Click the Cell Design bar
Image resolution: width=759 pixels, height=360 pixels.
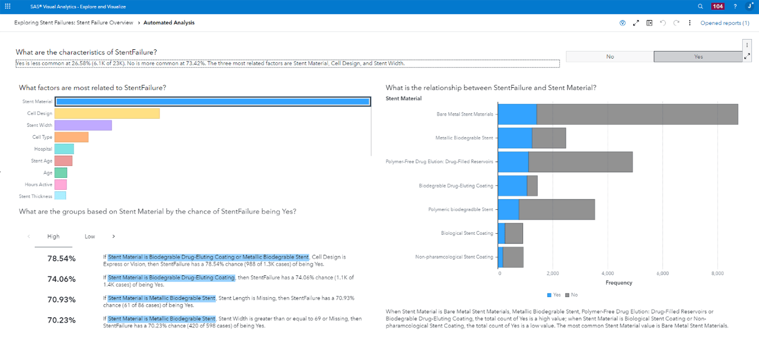click(107, 113)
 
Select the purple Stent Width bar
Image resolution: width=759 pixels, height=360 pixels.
click(83, 125)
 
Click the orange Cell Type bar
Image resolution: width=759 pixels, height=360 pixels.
click(71, 137)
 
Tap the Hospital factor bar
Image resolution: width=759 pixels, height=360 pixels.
click(64, 149)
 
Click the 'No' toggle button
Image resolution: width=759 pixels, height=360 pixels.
click(610, 56)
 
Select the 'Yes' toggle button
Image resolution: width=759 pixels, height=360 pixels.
click(698, 56)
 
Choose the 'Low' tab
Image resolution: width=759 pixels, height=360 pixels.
click(90, 236)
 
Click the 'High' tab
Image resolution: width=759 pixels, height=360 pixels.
click(53, 236)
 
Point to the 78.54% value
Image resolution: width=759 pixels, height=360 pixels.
click(62, 259)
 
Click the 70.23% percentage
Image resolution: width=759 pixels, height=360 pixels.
click(62, 320)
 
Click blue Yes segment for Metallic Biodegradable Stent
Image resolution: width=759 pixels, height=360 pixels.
click(515, 138)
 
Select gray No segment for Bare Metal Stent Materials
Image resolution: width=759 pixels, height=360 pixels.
click(637, 114)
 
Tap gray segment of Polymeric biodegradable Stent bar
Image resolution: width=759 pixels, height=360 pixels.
click(557, 210)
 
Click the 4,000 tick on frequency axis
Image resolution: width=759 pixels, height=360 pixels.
click(608, 273)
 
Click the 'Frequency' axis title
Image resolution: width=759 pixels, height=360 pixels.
click(618, 283)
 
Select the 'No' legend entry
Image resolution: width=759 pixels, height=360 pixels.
click(571, 295)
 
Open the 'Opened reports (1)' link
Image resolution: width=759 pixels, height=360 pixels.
click(725, 23)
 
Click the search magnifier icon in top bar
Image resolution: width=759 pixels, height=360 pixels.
click(701, 7)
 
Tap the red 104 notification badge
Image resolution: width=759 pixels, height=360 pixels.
click(717, 7)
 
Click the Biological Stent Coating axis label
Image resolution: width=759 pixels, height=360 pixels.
click(467, 233)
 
